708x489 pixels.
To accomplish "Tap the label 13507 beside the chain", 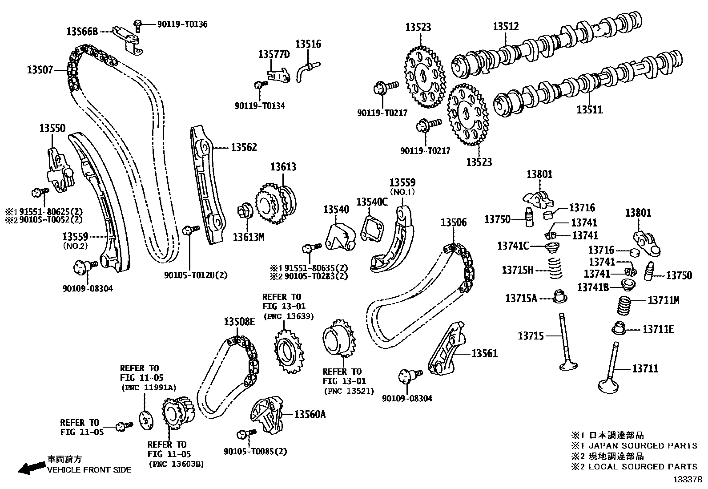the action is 40,70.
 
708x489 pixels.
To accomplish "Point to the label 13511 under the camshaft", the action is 589,109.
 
